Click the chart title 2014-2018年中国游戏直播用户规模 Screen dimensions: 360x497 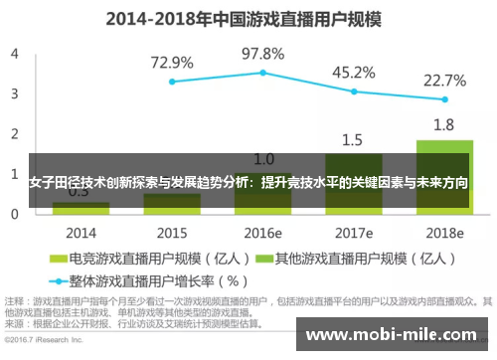pos(248,20)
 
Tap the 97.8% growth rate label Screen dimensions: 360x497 pos(263,53)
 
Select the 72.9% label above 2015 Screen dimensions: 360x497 pos(172,63)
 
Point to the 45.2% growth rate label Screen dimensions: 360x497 pos(353,72)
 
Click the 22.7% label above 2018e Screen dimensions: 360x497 pos(443,81)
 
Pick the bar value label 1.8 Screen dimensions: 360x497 pos(443,125)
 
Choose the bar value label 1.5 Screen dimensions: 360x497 pos(353,140)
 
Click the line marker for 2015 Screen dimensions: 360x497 pos(172,82)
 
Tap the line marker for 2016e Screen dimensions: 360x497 pos(263,73)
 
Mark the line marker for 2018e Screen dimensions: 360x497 pos(443,99)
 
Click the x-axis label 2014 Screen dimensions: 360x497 pos(82,232)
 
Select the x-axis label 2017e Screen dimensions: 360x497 pos(353,232)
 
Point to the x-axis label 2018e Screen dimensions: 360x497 pos(443,232)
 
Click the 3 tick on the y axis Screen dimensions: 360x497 pos(14,92)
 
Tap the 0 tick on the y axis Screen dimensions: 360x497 pos(14,213)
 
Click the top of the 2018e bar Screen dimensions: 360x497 pos(443,141)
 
